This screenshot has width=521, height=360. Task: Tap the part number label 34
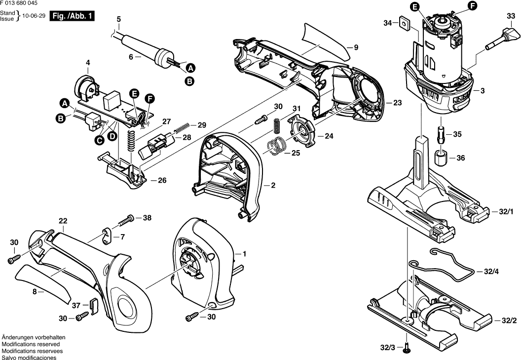388,23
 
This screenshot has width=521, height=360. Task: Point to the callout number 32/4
492,271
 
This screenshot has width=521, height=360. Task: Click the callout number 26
162,180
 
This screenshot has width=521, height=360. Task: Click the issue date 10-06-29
36,16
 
